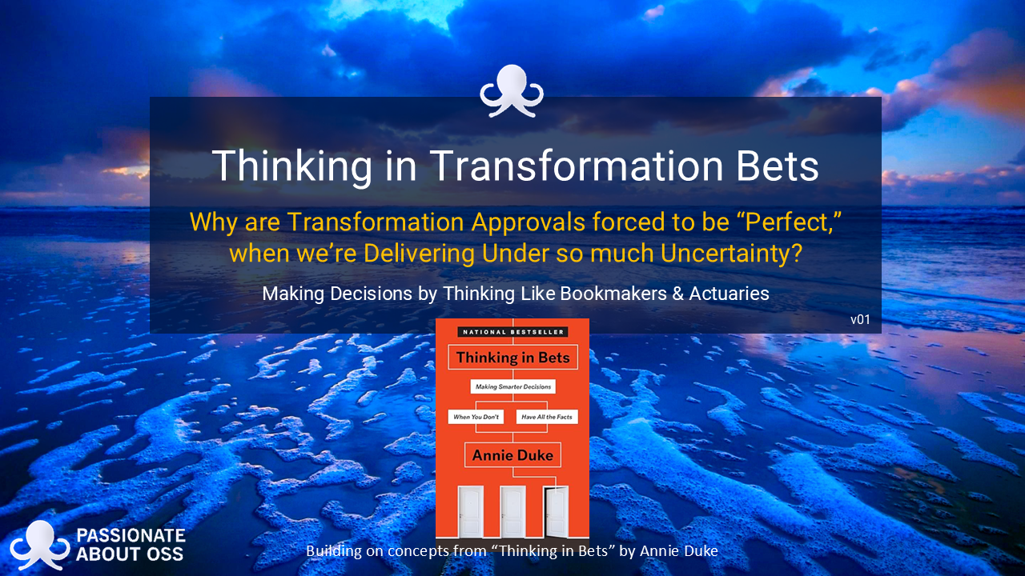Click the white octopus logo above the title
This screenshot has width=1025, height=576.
point(512,90)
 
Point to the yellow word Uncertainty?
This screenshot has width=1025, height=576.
point(731,254)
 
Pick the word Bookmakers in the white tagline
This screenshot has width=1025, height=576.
point(613,294)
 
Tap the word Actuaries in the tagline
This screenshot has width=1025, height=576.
point(729,294)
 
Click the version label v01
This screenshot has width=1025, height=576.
point(860,319)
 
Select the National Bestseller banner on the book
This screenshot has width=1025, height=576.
point(512,332)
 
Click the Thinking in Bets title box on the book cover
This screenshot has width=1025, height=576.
point(512,358)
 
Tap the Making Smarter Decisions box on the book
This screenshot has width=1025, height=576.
point(513,386)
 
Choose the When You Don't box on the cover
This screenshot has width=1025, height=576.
point(476,417)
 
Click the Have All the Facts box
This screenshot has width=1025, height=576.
point(547,417)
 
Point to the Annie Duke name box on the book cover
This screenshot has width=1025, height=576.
point(512,455)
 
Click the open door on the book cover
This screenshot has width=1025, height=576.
point(556,511)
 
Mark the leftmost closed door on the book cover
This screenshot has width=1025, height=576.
point(471,511)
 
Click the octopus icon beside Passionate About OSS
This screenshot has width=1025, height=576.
point(40,545)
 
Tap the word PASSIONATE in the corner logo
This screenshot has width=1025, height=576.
point(131,535)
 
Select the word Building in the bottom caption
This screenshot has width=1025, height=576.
point(334,551)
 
